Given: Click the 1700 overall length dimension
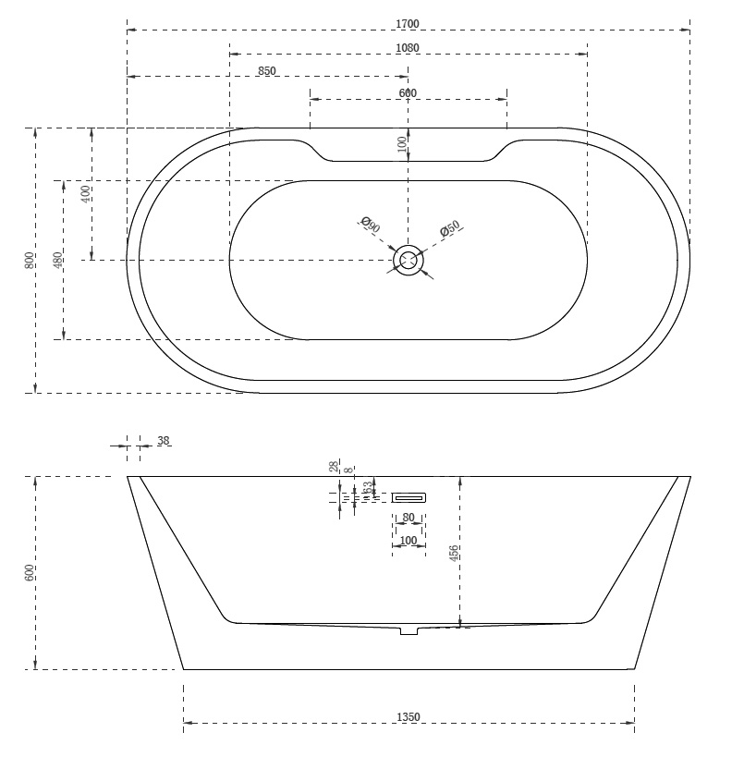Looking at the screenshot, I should tap(408, 22).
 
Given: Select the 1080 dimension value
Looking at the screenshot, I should tap(408, 47).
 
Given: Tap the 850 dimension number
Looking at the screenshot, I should tap(267, 70).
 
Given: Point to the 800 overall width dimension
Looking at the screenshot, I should tap(30, 260).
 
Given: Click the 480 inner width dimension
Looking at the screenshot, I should tap(57, 260).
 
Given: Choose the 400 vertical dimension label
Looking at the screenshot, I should tap(85, 194).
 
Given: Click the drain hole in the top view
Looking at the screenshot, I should tap(409, 261).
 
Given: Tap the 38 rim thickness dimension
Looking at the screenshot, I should tap(164, 441).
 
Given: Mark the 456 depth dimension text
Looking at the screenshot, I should tap(453, 553).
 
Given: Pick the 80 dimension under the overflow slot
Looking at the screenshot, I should tap(409, 518).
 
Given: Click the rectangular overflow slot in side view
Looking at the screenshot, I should tap(409, 497).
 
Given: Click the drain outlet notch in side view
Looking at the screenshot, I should tap(409, 630).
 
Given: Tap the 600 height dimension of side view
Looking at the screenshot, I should tap(30, 572).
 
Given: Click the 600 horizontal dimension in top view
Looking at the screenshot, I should tap(408, 92).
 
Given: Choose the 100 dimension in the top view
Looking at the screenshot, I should tap(401, 143).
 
